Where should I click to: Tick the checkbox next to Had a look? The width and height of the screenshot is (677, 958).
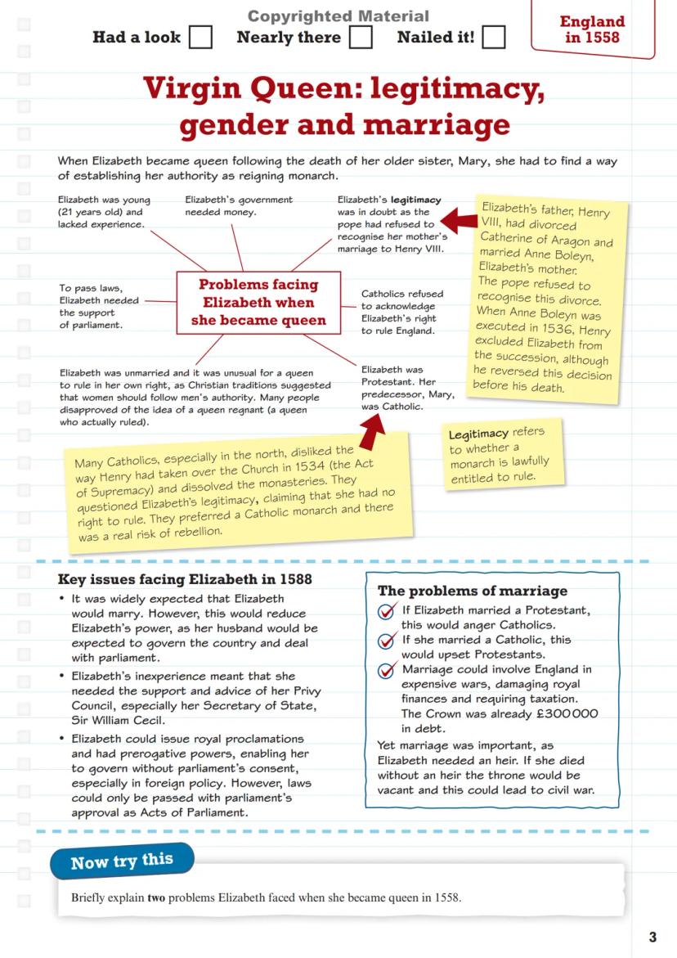[200, 38]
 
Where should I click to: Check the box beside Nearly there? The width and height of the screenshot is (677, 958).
[361, 38]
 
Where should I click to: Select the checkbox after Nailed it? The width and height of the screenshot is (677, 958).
[493, 38]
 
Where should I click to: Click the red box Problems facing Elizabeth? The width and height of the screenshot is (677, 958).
[258, 303]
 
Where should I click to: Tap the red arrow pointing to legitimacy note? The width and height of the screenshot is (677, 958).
[457, 220]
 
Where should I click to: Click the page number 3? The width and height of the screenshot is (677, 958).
[652, 937]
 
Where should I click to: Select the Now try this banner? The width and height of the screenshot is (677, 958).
[122, 861]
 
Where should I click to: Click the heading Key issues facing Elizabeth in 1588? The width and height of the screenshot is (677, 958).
[184, 580]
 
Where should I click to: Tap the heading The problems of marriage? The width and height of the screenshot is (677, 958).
[472, 591]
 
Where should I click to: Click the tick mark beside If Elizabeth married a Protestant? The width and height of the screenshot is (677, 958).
[388, 613]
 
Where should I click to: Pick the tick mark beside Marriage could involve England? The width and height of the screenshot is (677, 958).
[388, 671]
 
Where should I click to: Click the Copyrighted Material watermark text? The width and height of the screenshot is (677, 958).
[338, 16]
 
